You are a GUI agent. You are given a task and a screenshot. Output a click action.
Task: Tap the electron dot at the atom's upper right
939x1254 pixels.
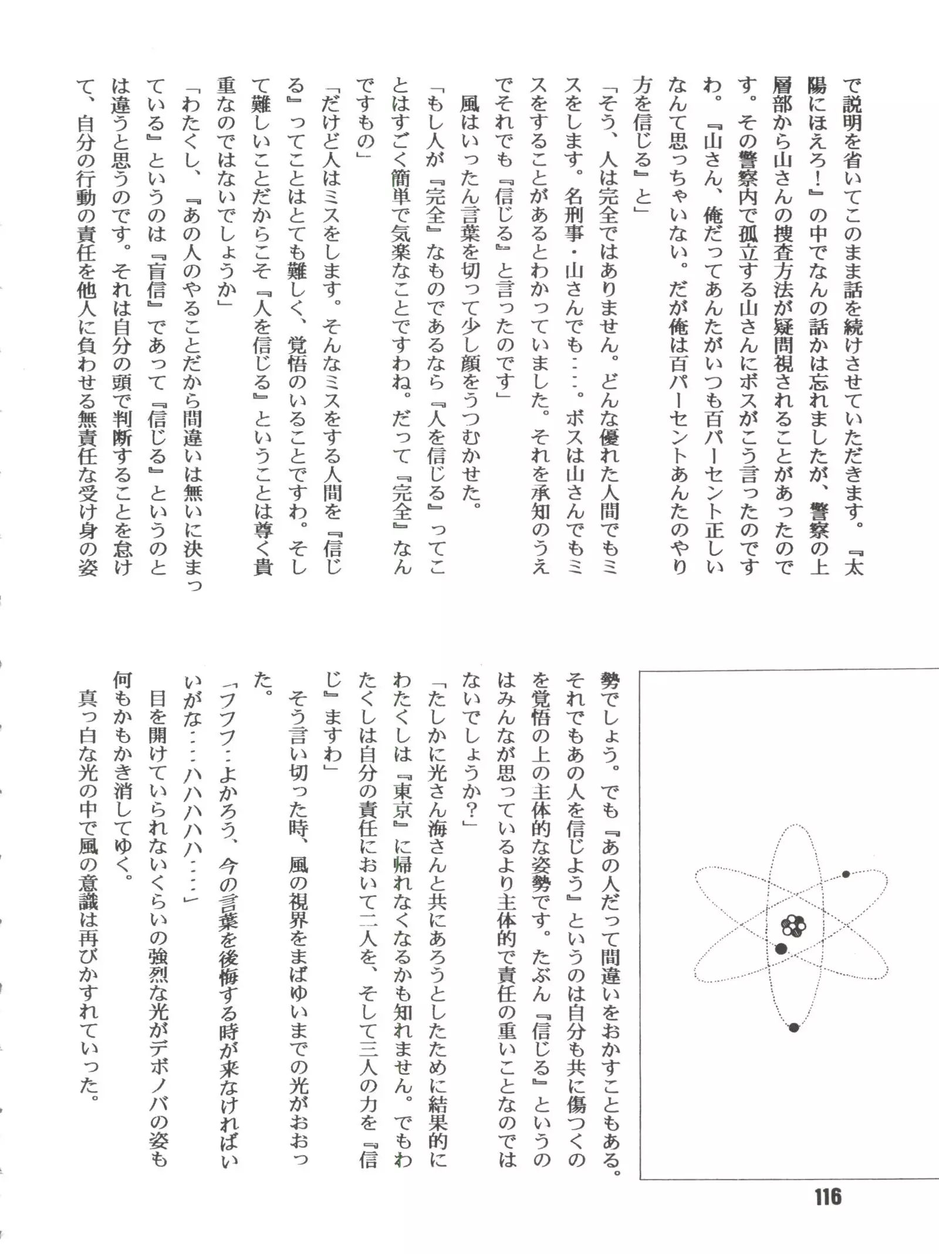(x=846, y=874)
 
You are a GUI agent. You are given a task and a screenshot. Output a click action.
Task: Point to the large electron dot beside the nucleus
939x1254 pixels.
(x=781, y=948)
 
